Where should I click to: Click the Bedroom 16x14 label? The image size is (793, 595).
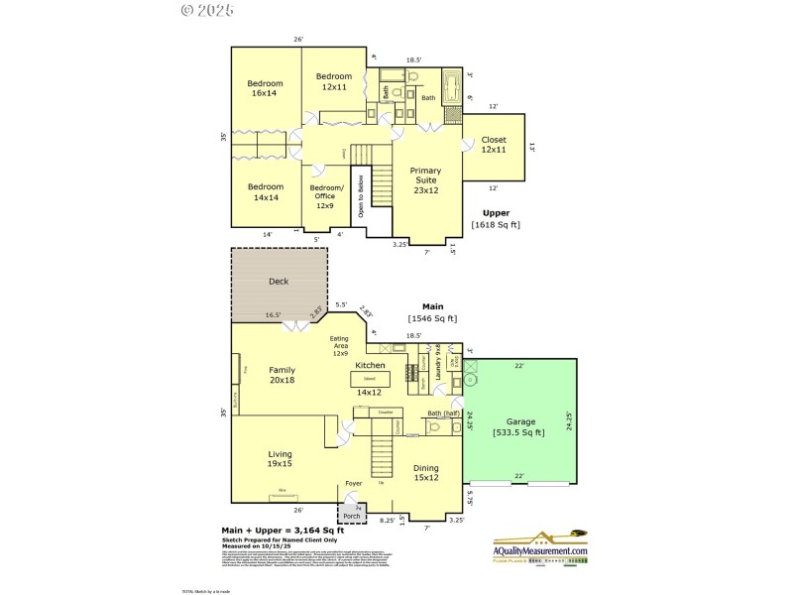pyautogui.click(x=265, y=88)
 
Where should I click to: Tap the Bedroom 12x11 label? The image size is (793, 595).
pyautogui.click(x=334, y=81)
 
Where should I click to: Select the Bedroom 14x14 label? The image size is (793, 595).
pyautogui.click(x=265, y=192)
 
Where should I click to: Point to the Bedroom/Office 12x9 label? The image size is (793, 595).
pyautogui.click(x=327, y=196)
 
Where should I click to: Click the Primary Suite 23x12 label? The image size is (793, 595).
pyautogui.click(x=425, y=179)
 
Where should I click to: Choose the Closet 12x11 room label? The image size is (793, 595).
pyautogui.click(x=494, y=145)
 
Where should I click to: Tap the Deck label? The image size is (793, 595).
pyautogui.click(x=279, y=282)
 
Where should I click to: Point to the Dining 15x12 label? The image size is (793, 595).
pyautogui.click(x=425, y=473)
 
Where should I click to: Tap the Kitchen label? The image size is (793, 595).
pyautogui.click(x=369, y=366)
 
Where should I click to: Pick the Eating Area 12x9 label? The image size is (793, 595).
pyautogui.click(x=340, y=346)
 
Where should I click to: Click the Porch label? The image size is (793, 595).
pyautogui.click(x=351, y=516)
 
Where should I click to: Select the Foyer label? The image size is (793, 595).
pyautogui.click(x=353, y=484)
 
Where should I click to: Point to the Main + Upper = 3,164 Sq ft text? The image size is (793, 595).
pyautogui.click(x=281, y=531)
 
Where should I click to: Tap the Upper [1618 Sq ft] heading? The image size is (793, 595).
pyautogui.click(x=496, y=219)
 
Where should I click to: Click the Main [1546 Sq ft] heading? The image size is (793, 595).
pyautogui.click(x=431, y=312)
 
